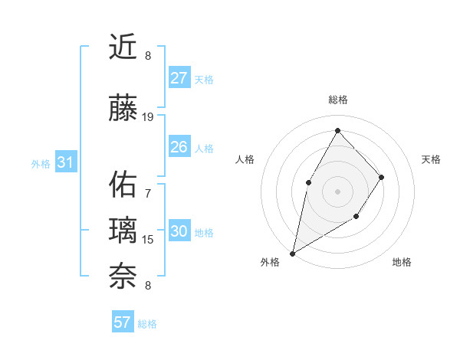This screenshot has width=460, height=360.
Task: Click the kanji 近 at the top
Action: tap(123, 47)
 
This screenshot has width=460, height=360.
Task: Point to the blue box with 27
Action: tap(179, 78)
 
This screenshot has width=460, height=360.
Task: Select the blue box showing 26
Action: tap(179, 147)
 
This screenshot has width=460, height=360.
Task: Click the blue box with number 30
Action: tap(179, 232)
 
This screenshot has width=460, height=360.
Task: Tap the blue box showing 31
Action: tap(65, 162)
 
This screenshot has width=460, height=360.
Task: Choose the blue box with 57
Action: tap(123, 322)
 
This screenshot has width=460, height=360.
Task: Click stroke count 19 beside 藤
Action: tap(148, 117)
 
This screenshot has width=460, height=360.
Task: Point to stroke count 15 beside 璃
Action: tap(148, 240)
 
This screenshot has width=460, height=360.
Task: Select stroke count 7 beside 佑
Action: tap(148, 193)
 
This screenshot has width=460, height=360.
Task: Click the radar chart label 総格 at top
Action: tap(338, 100)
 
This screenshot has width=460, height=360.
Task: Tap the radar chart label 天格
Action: tap(431, 159)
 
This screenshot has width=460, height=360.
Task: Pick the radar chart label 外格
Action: tap(270, 262)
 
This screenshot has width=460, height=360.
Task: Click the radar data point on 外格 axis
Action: tap(292, 253)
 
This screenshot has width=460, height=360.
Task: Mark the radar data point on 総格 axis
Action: tap(337, 129)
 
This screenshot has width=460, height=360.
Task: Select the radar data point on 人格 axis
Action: tap(308, 182)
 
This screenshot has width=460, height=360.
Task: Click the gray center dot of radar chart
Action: tap(337, 191)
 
